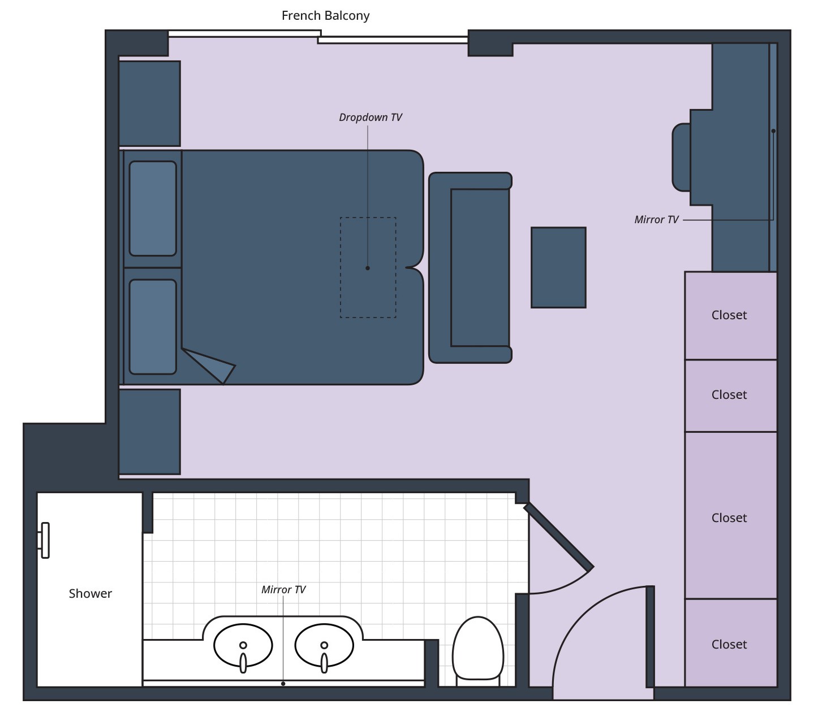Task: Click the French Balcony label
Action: [325, 16]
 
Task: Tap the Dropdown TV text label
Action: [370, 118]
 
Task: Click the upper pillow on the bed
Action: [153, 208]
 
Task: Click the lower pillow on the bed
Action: [153, 327]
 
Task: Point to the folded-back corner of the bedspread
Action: [212, 365]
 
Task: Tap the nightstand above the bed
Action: [149, 103]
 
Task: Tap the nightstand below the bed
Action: [149, 432]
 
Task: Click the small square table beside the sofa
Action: [558, 267]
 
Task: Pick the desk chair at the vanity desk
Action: [681, 157]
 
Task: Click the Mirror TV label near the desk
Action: [656, 220]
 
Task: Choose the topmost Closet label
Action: [729, 315]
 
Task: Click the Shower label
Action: [90, 594]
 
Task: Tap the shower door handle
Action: [45, 540]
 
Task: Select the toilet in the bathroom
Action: [478, 649]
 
